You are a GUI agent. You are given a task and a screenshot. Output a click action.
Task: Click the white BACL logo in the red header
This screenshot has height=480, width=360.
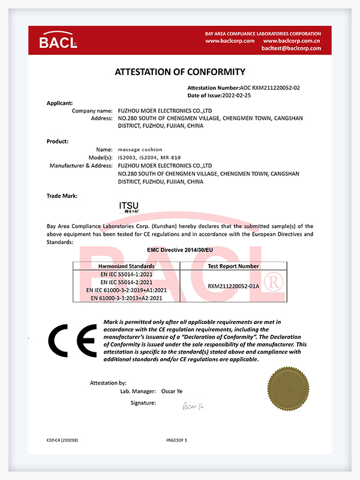58,41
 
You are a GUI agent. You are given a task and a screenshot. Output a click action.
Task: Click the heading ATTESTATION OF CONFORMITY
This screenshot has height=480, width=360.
180,72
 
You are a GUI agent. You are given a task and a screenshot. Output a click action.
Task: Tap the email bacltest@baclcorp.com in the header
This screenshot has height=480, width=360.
291,48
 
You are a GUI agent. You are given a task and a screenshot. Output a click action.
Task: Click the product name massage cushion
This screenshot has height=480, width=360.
140,148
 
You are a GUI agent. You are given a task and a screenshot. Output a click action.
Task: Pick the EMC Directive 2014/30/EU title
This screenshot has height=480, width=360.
180,248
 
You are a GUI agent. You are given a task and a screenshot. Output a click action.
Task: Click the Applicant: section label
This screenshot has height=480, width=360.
60,103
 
